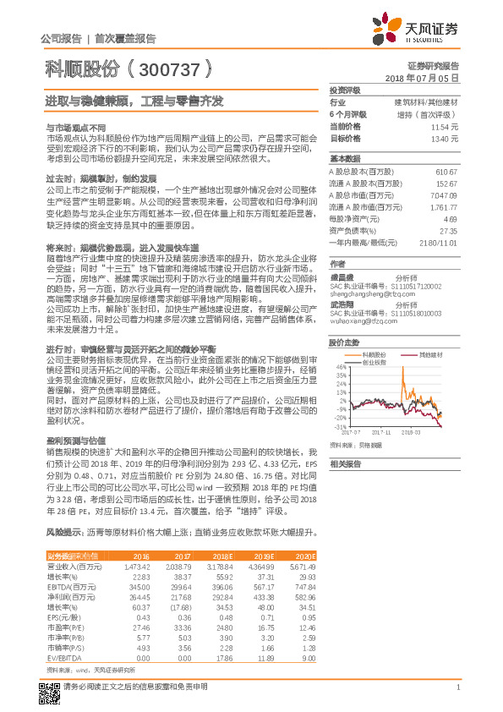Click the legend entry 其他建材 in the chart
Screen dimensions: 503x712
pyautogui.click(x=429, y=353)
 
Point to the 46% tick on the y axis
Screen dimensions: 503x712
pyautogui.click(x=340, y=367)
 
